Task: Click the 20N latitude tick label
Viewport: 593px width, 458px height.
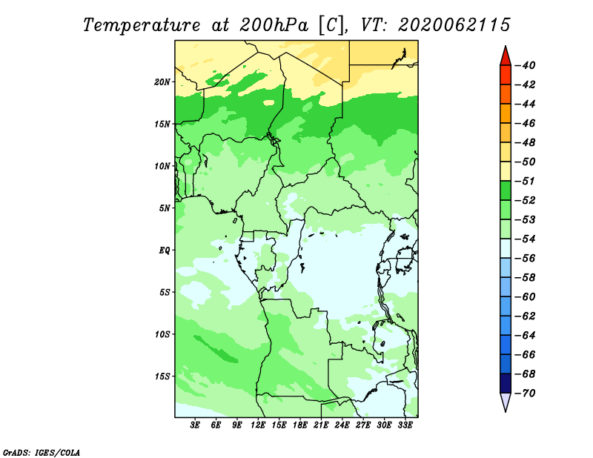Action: click(x=162, y=82)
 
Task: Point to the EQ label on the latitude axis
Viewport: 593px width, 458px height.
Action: click(x=164, y=250)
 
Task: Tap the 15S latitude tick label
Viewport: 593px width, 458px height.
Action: click(x=162, y=376)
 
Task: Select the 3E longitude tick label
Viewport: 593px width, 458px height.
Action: click(x=195, y=425)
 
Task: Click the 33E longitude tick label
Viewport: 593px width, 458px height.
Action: click(x=405, y=425)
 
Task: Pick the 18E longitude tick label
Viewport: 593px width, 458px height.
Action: click(x=300, y=425)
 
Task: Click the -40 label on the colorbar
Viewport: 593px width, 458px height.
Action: click(x=526, y=65)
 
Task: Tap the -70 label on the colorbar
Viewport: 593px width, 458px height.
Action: click(x=526, y=394)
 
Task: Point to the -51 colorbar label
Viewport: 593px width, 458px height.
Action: click(x=526, y=181)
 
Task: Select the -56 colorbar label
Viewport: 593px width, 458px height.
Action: click(x=526, y=259)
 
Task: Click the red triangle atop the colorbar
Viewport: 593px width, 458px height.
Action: click(x=506, y=56)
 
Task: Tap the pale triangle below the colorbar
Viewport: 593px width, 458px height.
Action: click(x=506, y=402)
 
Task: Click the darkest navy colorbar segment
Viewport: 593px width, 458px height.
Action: click(x=506, y=383)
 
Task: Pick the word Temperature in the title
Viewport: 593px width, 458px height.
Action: click(x=142, y=25)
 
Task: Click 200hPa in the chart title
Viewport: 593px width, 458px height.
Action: click(x=274, y=25)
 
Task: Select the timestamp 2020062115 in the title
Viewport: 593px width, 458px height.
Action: click(x=454, y=25)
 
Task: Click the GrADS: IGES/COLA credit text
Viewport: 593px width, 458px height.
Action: click(x=42, y=453)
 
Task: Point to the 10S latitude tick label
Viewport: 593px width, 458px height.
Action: click(x=162, y=334)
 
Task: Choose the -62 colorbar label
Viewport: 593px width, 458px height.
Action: click(x=526, y=316)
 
